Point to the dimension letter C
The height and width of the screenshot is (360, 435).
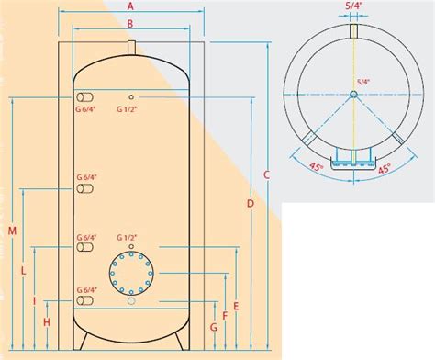pos(266,174)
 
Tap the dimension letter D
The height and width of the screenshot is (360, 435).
pos(251,202)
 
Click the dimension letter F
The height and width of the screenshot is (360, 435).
pos(225,313)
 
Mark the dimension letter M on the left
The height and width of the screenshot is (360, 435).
pos(11,230)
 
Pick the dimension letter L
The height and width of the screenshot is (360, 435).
pos(23,271)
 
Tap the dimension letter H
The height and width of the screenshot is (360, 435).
pos(46,321)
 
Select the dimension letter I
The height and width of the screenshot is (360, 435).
pos(34,299)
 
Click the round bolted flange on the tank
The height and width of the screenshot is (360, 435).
pos(131,271)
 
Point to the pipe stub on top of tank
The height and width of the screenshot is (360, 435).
pos(131,45)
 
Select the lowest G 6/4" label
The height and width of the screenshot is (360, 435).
pos(85,289)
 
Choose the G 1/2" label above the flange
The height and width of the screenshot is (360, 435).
pos(131,235)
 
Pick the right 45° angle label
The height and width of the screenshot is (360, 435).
pos(386,169)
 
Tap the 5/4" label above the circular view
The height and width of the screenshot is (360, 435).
pos(353,7)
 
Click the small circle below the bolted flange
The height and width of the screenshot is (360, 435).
pos(131,301)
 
